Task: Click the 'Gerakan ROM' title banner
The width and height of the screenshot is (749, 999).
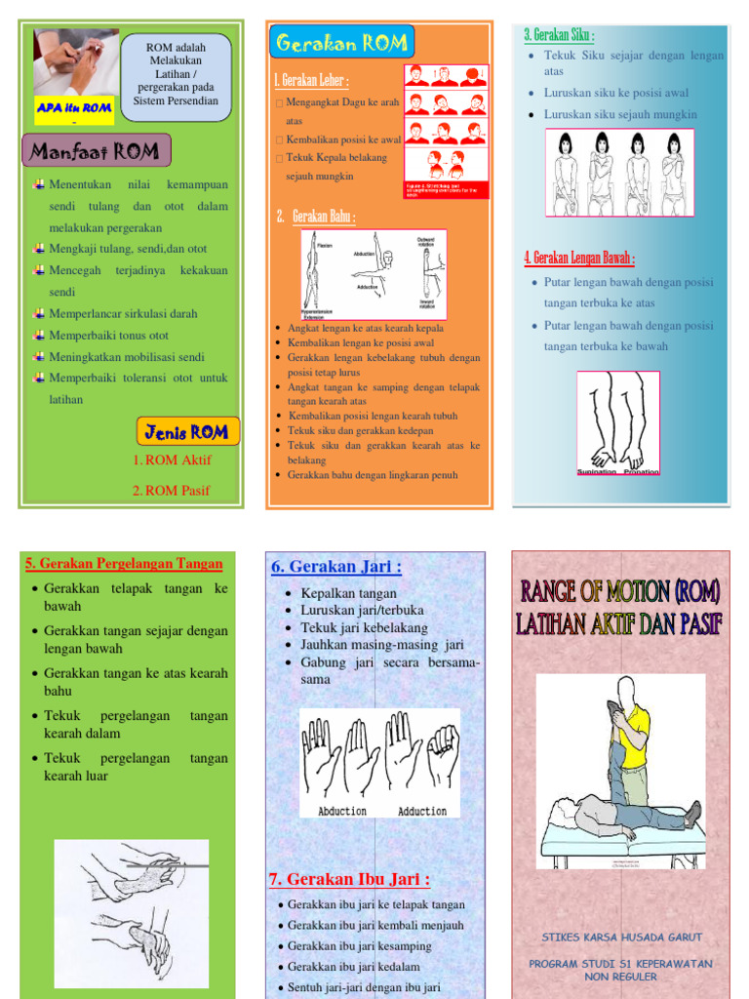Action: pyautogui.click(x=341, y=43)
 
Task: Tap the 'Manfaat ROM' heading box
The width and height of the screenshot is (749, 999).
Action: pyautogui.click(x=96, y=151)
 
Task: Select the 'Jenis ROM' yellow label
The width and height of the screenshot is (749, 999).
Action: pyautogui.click(x=187, y=431)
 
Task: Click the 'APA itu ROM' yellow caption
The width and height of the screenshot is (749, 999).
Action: pyautogui.click(x=75, y=108)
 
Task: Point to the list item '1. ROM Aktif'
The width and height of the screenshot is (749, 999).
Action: pyautogui.click(x=172, y=460)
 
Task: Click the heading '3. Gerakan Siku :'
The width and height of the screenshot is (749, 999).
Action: pyautogui.click(x=559, y=35)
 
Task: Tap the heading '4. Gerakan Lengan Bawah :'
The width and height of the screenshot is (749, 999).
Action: pyautogui.click(x=579, y=259)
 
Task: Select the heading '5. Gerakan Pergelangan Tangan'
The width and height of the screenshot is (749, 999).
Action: pyautogui.click(x=124, y=564)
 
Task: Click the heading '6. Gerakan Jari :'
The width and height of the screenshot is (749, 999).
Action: pyautogui.click(x=335, y=567)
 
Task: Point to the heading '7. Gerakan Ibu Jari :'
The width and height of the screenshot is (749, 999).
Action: pyautogui.click(x=349, y=880)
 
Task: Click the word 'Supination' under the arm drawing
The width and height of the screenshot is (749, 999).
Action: pyautogui.click(x=597, y=471)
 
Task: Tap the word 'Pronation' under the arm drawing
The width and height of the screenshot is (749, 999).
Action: pyautogui.click(x=641, y=471)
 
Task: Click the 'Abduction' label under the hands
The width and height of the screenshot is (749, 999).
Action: pyautogui.click(x=342, y=811)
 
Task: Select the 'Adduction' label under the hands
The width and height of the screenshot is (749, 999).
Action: pyautogui.click(x=421, y=811)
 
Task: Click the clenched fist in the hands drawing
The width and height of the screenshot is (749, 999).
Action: pyautogui.click(x=443, y=752)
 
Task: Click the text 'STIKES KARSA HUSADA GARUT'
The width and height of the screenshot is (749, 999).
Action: pyautogui.click(x=621, y=938)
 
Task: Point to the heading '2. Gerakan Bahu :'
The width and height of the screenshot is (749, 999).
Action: pyautogui.click(x=315, y=217)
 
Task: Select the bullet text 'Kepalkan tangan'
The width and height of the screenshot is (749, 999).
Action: pyautogui.click(x=348, y=593)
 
